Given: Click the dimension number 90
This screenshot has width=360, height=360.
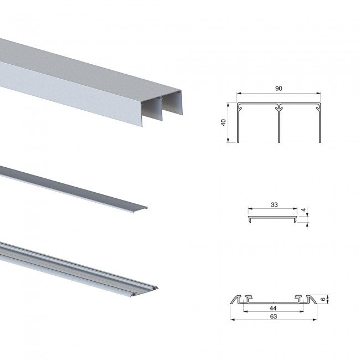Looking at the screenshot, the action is click(x=279, y=89).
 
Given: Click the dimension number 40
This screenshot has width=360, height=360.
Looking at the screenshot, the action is click(x=223, y=122).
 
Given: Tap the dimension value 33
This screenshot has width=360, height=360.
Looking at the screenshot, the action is click(x=274, y=204).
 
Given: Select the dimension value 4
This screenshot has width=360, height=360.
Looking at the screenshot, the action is click(x=304, y=210).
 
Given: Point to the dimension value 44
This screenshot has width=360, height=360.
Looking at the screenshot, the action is click(x=273, y=308).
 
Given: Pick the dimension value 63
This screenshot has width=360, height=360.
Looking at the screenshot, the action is click(x=274, y=316).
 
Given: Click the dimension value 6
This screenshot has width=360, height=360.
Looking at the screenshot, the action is click(x=323, y=299).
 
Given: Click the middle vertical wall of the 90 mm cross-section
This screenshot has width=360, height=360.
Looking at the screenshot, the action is click(x=279, y=124).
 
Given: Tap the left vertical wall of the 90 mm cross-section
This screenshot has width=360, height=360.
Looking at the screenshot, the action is click(x=238, y=123).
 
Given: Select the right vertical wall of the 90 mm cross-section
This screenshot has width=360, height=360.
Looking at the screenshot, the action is click(x=320, y=123).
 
